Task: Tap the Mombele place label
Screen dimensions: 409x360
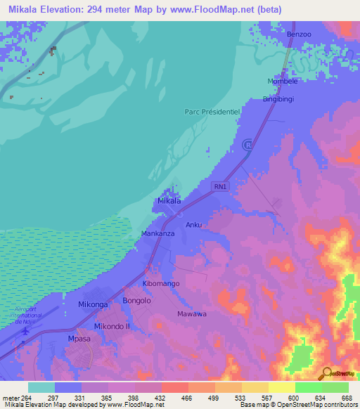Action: (x=283, y=82)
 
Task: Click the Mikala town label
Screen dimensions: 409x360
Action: (x=169, y=201)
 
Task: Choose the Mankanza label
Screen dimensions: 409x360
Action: (x=157, y=233)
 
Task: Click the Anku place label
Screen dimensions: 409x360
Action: (x=194, y=226)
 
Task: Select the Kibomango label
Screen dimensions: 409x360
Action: (x=162, y=283)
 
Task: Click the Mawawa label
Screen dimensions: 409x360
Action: (x=192, y=313)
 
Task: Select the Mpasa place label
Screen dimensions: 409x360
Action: (x=79, y=337)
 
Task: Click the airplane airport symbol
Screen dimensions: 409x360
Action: (x=26, y=330)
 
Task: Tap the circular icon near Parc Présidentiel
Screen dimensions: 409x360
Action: (x=247, y=145)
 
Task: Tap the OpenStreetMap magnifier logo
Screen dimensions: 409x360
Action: (x=326, y=373)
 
